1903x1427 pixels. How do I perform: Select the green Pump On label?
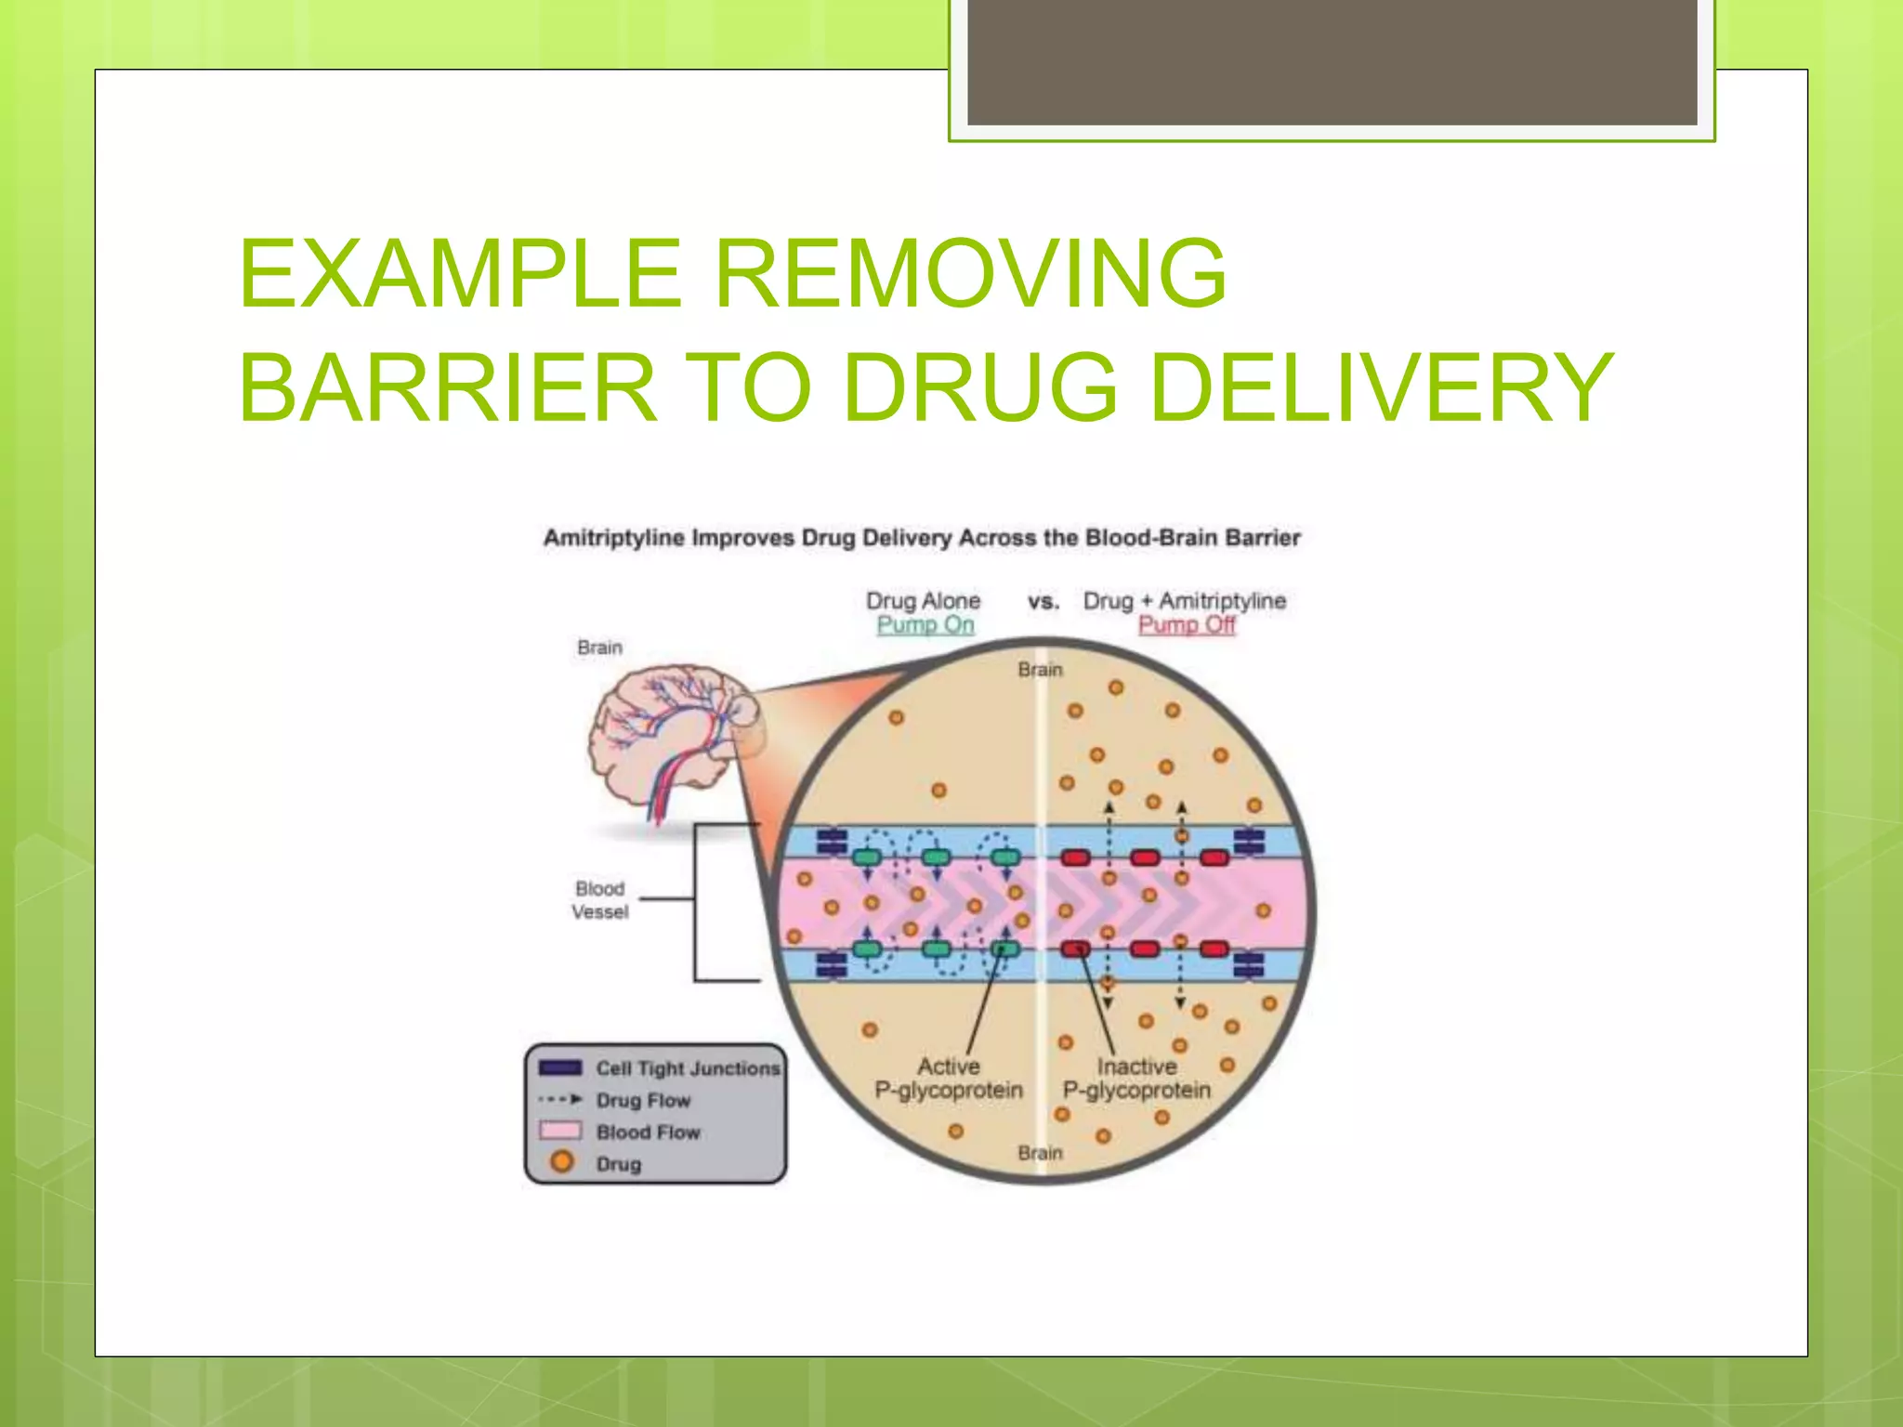[x=925, y=625]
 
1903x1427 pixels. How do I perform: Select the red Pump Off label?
[x=1187, y=625]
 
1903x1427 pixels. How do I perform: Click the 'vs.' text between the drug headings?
[x=1043, y=602]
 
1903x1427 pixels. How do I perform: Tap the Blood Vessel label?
[x=599, y=900]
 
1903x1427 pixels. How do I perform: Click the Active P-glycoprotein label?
[x=948, y=1079]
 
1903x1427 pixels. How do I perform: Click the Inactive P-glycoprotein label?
[x=1136, y=1079]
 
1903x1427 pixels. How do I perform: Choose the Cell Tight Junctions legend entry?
[x=688, y=1068]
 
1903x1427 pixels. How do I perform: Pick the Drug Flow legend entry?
[x=643, y=1101]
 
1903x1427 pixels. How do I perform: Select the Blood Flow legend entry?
[x=648, y=1132]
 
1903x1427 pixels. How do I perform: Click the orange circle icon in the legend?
[x=561, y=1162]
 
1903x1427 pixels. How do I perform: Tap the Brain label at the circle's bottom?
[x=1039, y=1153]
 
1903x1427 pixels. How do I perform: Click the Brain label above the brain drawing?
[x=599, y=648]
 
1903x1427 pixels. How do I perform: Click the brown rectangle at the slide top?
[x=1332, y=61]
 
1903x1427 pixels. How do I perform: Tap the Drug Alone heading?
[x=923, y=601]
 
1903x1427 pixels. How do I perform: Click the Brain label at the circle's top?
[x=1039, y=670]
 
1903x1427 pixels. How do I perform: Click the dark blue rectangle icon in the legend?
[x=560, y=1067]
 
